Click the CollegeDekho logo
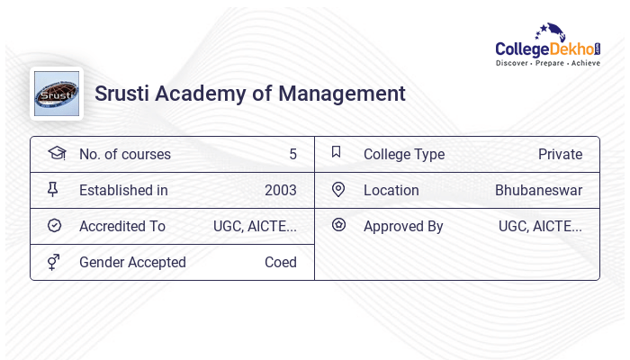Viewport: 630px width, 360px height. point(547,47)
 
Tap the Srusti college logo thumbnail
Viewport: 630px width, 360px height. point(57,94)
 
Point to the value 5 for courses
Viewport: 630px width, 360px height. point(292,155)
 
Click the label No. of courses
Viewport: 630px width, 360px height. point(124,155)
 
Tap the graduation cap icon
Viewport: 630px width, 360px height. point(56,153)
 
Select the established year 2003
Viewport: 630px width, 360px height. point(280,191)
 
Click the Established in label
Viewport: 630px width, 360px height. point(123,191)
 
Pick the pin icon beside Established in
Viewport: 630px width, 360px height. point(53,189)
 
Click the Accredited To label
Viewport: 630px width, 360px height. point(122,227)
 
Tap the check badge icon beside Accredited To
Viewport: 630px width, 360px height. point(54,226)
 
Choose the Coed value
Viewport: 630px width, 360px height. point(280,263)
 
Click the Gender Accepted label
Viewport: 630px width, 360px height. point(132,263)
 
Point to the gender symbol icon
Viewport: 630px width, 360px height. point(54,262)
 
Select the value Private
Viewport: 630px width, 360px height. point(560,155)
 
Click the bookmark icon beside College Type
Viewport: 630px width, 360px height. point(337,152)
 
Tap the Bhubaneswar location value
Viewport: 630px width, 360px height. point(538,191)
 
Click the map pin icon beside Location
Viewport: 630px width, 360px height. point(338,189)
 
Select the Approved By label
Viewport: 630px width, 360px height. point(403,227)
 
